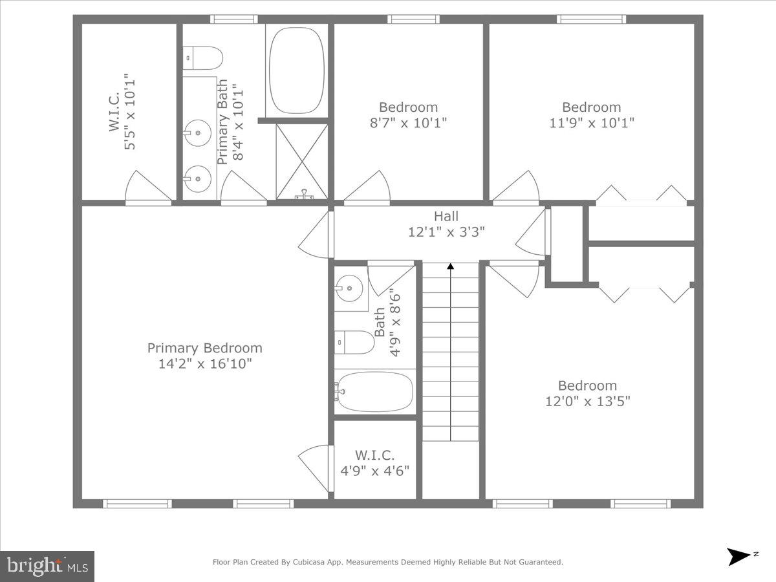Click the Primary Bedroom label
click(x=204, y=348)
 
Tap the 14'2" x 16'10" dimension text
click(x=204, y=363)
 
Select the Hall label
click(x=446, y=217)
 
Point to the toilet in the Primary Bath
click(x=203, y=58)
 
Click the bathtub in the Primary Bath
click(x=296, y=70)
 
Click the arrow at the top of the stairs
click(x=451, y=266)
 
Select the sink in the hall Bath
click(x=350, y=288)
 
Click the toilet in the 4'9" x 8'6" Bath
click(x=354, y=342)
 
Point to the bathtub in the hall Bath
click(x=374, y=392)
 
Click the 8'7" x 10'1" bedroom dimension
click(x=408, y=122)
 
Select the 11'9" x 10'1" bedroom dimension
click(x=591, y=122)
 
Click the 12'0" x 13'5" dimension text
click(x=587, y=401)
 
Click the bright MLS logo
click(x=47, y=566)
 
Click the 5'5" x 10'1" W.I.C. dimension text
click(x=131, y=111)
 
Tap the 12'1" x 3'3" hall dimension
click(x=446, y=232)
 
